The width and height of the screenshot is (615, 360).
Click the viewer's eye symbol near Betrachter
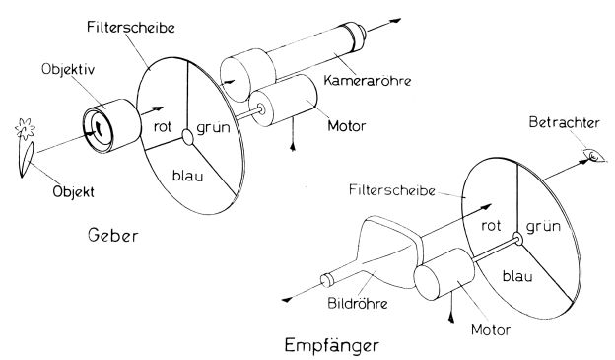pyautogui.click(x=592, y=155)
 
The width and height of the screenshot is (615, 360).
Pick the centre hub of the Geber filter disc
pyautogui.click(x=192, y=135)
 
